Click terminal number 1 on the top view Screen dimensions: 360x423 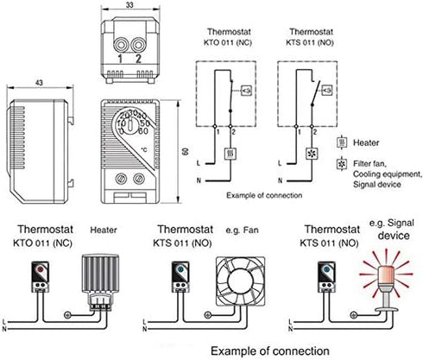pyautogui.click(x=121, y=59)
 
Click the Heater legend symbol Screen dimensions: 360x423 pyautogui.click(x=343, y=139)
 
